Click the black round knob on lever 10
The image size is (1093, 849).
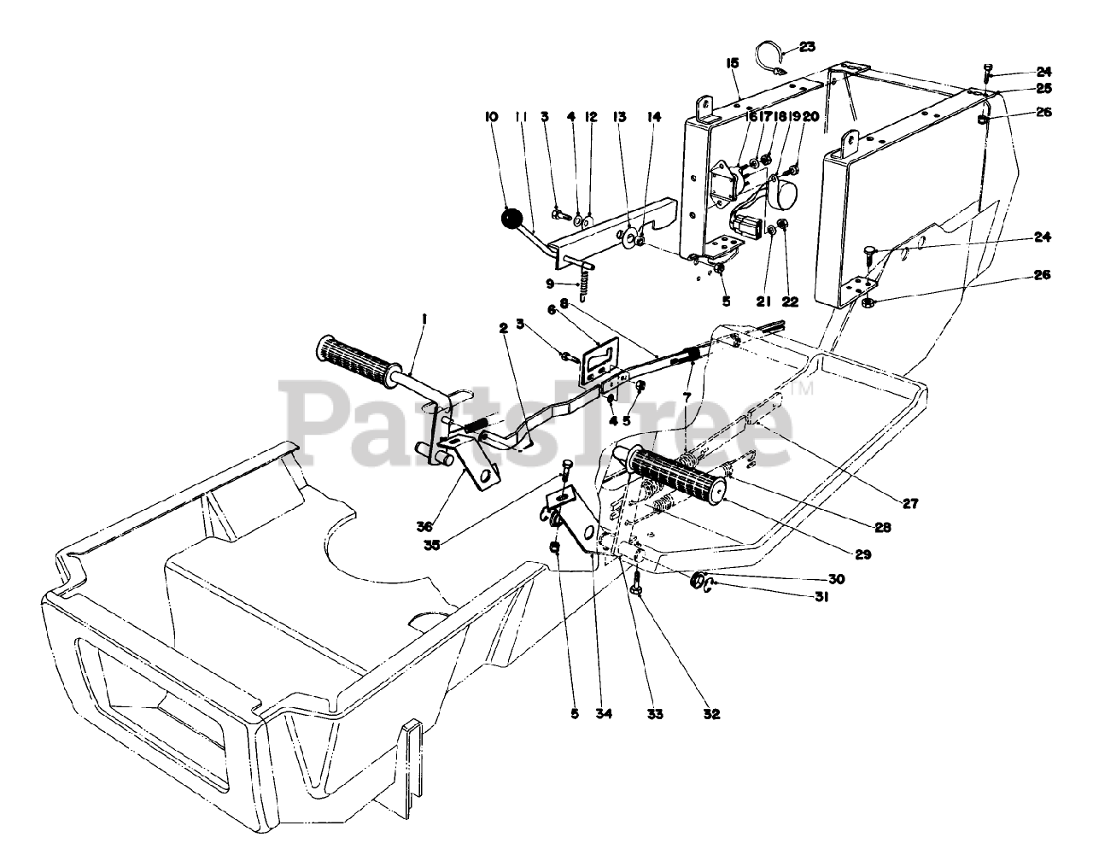(x=511, y=219)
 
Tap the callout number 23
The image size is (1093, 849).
(x=807, y=46)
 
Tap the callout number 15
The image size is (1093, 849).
(x=732, y=62)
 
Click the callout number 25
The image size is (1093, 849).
(x=1045, y=88)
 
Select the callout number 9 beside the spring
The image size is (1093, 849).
(x=550, y=283)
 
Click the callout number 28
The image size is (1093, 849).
(x=882, y=528)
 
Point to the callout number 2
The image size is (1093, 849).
(x=504, y=327)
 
